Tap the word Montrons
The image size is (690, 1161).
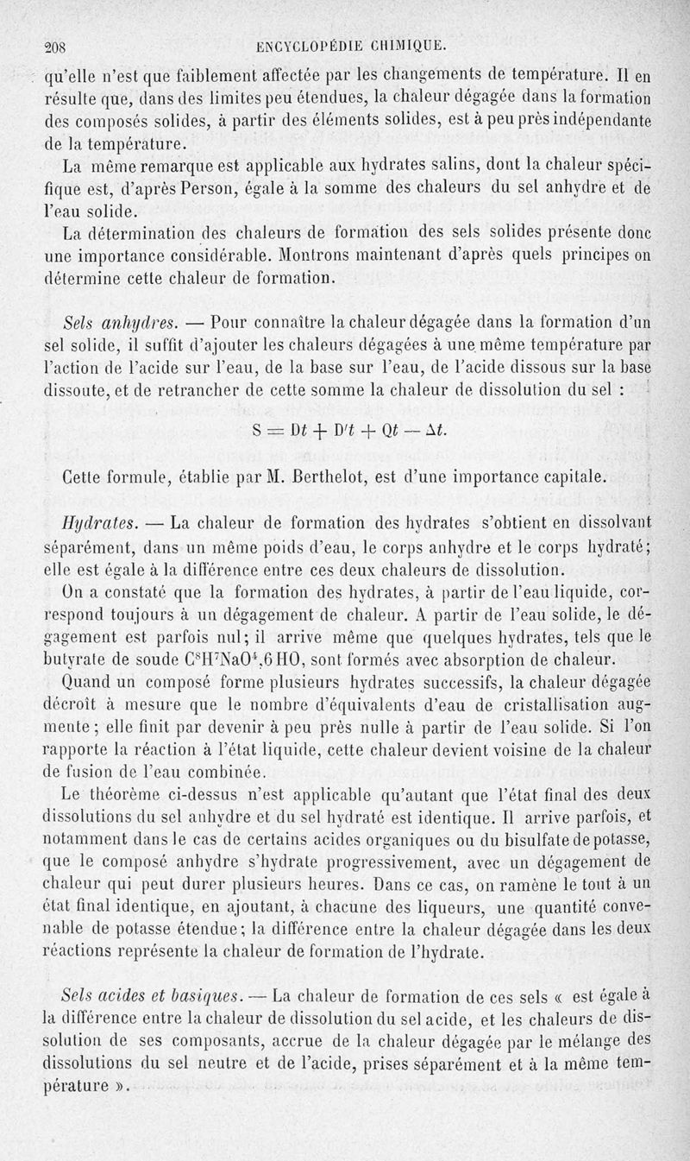pyautogui.click(x=324, y=256)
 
